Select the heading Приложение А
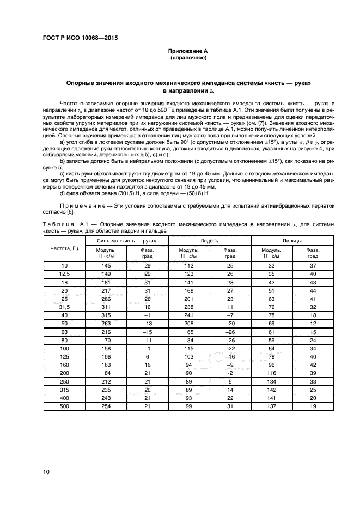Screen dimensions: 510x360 [x=188, y=51]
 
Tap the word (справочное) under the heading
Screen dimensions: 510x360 [x=188, y=57]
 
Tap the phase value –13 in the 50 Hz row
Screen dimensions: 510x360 [x=147, y=323]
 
